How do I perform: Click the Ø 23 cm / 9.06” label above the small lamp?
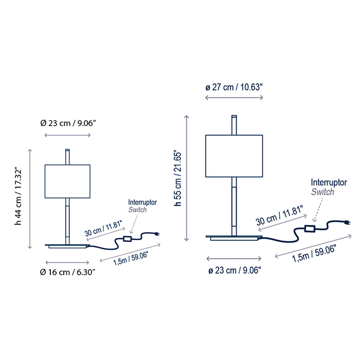[x=68, y=123]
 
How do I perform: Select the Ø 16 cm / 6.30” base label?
[x=67, y=272]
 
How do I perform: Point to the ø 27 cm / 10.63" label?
[x=233, y=87]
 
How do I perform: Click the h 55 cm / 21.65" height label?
[x=178, y=178]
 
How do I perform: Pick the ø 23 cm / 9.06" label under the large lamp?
[x=235, y=271]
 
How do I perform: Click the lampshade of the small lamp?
[x=67, y=182]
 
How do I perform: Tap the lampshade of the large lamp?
[x=234, y=156]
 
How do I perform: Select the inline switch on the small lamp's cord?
[x=127, y=239]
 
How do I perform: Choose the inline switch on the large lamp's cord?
[x=310, y=228]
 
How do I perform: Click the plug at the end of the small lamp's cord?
[x=157, y=235]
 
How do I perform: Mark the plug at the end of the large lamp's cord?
[x=347, y=223]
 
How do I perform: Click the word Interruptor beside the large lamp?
[x=329, y=183]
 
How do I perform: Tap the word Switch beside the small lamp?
[x=137, y=210]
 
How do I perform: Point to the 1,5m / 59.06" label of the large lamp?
[x=314, y=253]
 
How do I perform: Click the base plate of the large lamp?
[x=234, y=238]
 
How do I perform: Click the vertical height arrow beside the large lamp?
[x=187, y=178]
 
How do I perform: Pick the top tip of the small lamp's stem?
[x=67, y=150]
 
